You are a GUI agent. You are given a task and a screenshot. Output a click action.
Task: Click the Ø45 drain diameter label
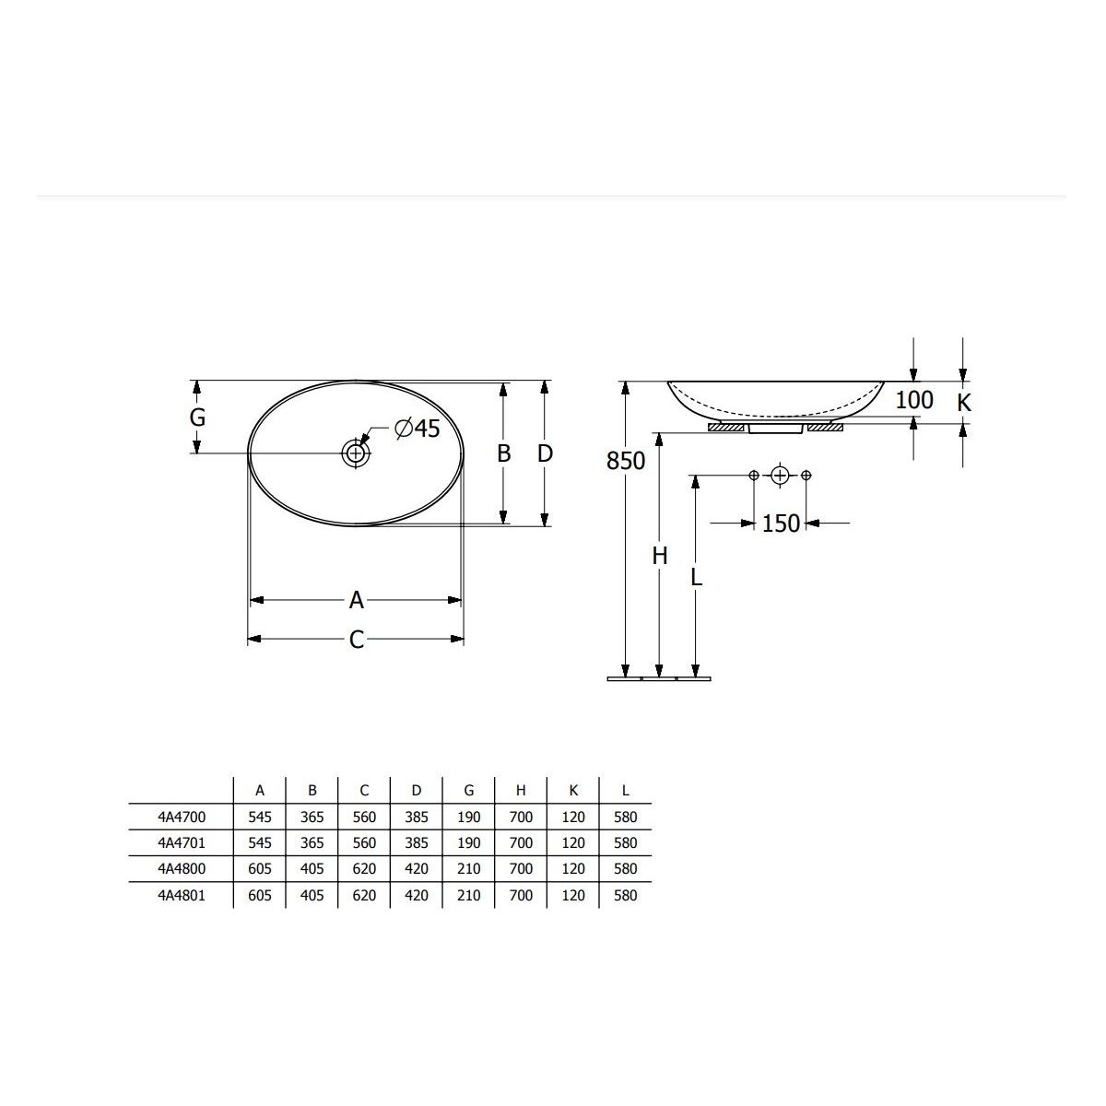pyautogui.click(x=418, y=429)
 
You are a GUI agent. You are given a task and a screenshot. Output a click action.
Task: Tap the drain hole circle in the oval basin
pyautogui.click(x=356, y=453)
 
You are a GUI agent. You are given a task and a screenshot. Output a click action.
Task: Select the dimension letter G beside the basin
pyautogui.click(x=197, y=418)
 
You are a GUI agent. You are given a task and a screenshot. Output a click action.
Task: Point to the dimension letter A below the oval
pyautogui.click(x=357, y=600)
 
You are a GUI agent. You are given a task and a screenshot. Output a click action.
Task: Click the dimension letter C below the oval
pyautogui.click(x=357, y=640)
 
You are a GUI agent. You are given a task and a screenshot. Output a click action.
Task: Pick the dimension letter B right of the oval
pyautogui.click(x=503, y=453)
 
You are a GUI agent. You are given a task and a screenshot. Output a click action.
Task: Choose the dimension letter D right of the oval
pyautogui.click(x=545, y=453)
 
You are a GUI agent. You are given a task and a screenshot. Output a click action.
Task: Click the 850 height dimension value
pyautogui.click(x=626, y=461)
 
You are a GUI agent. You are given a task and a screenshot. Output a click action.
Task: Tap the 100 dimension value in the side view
pyautogui.click(x=914, y=400)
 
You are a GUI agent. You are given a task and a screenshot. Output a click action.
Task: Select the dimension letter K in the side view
pyautogui.click(x=964, y=403)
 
